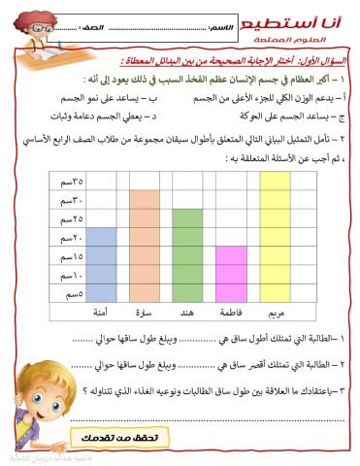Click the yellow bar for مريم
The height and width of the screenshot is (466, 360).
276,238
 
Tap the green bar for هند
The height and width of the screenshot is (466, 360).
186,255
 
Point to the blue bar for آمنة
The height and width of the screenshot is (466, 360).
102,265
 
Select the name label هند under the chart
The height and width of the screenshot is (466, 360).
185,313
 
